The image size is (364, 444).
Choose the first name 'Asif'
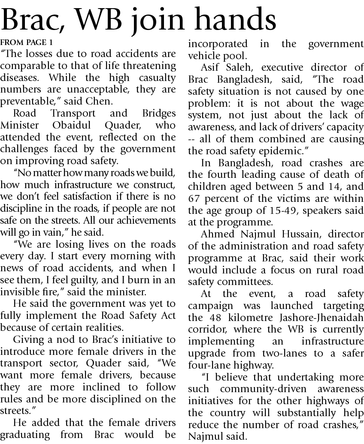[x=212, y=67]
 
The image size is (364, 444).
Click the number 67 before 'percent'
[x=195, y=199]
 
